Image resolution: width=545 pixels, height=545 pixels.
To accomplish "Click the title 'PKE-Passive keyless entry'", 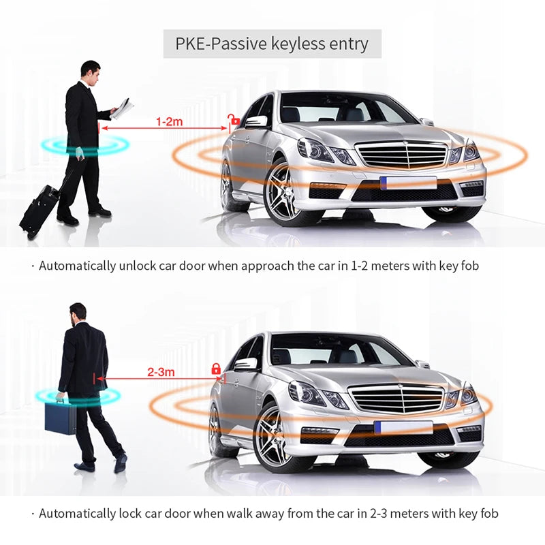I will [x=272, y=45].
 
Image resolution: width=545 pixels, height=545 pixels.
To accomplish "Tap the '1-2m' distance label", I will [x=170, y=121].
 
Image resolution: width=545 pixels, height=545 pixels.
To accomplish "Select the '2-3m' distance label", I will [x=161, y=372].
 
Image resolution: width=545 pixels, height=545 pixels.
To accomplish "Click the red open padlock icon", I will [x=234, y=121].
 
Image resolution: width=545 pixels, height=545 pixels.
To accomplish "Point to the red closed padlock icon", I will [x=216, y=369].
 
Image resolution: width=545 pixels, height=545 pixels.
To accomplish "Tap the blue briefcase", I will [x=61, y=416].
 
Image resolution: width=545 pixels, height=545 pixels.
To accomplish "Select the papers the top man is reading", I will [x=123, y=108].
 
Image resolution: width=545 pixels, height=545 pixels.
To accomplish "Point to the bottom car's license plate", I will [x=403, y=427].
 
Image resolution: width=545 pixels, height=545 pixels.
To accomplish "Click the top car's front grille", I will [x=401, y=154].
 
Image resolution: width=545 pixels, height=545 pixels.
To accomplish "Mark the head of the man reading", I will [x=91, y=70].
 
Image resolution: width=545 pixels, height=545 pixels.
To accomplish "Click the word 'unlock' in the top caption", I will [x=136, y=266].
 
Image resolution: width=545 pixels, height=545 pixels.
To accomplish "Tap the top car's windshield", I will [x=347, y=109].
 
